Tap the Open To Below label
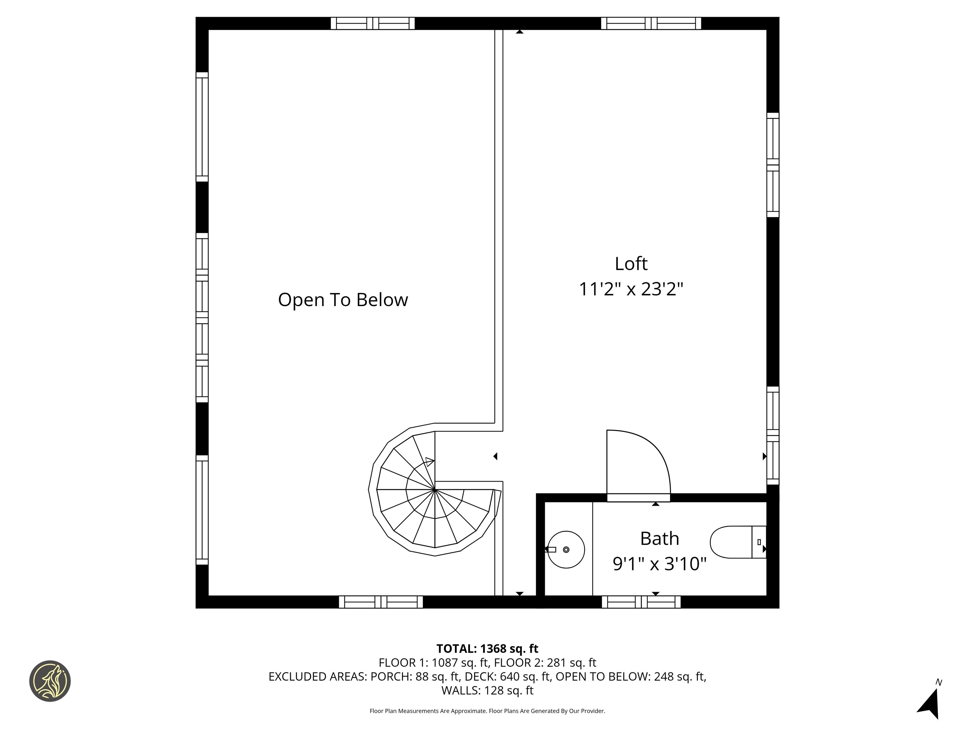click(343, 300)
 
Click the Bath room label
click(660, 538)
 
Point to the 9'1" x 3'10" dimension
click(660, 563)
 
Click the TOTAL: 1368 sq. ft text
click(487, 649)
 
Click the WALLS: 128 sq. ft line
click(487, 690)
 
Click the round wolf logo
click(50, 681)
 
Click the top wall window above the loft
click(651, 23)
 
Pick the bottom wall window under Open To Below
click(381, 602)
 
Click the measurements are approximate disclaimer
click(487, 711)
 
